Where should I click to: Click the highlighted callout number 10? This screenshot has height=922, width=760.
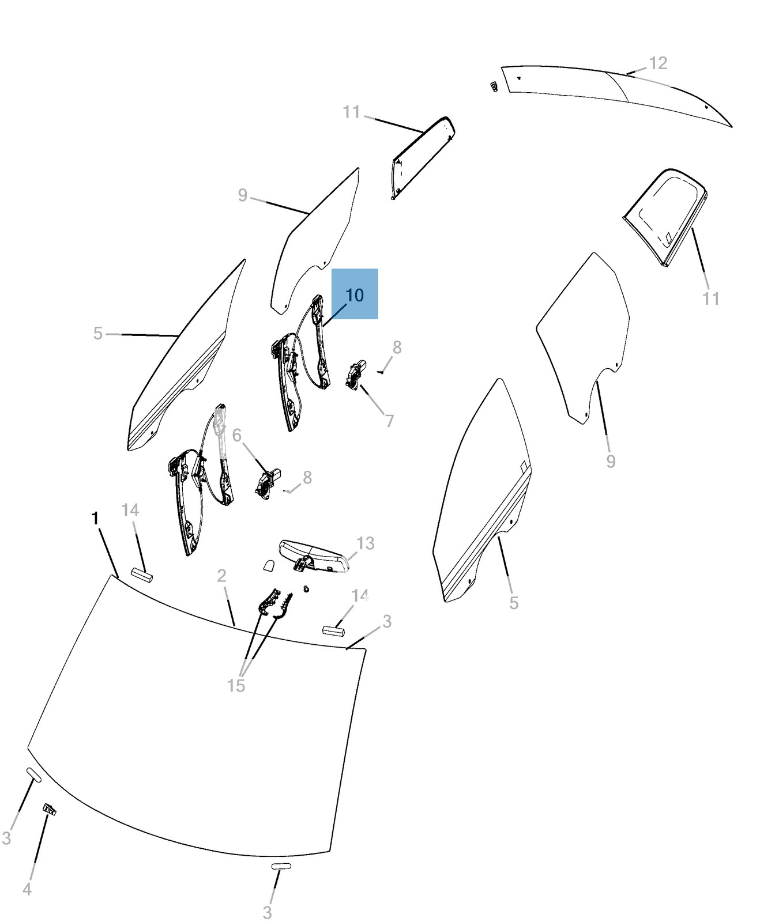(x=355, y=295)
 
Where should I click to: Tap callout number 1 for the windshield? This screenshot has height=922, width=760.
(x=96, y=519)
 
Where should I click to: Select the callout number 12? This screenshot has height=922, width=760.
(x=658, y=63)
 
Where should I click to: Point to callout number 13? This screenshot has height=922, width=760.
(x=365, y=543)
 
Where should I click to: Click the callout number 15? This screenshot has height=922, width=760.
(x=236, y=686)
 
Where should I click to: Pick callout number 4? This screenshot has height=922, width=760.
(x=27, y=889)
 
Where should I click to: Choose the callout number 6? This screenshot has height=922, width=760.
(x=236, y=435)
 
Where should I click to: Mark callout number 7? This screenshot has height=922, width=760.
(x=390, y=421)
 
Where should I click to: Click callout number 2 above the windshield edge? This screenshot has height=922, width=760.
(x=222, y=575)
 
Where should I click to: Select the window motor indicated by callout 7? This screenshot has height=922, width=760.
(x=357, y=374)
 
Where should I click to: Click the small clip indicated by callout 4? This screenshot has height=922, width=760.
(x=50, y=809)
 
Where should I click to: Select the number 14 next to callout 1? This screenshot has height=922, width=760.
(x=130, y=510)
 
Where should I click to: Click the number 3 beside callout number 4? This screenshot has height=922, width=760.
(x=6, y=838)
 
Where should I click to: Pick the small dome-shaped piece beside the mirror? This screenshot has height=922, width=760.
(x=269, y=565)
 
